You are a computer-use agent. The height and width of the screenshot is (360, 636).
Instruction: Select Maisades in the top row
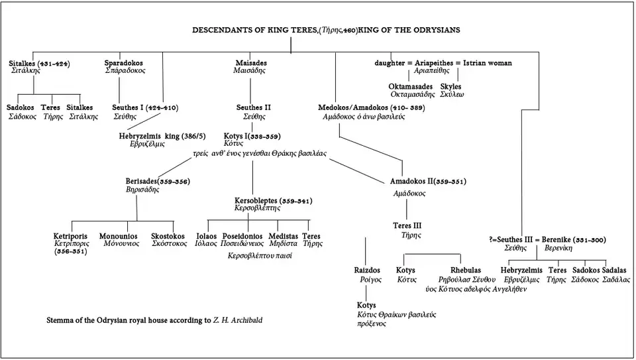251,63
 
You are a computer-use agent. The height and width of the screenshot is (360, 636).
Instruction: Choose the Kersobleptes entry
273,200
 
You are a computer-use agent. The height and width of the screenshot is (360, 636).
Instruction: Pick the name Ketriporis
72,235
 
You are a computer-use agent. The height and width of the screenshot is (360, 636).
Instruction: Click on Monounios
118,235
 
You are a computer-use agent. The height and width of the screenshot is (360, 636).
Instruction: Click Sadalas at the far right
615,270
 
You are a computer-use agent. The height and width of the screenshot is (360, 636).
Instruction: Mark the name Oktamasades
411,86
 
